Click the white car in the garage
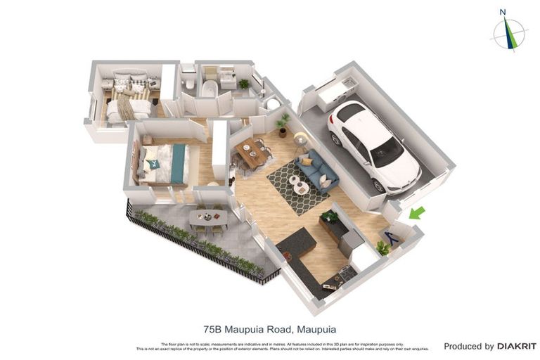pos(374,144)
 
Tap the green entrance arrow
pos(417,212)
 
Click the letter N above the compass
pos(503,11)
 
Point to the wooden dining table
pos(252,153)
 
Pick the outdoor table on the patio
pos(208,218)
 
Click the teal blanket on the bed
pos(179,163)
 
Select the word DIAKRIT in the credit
pos(516,346)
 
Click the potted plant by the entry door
pos(383,247)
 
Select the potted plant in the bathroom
pos(244,84)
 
